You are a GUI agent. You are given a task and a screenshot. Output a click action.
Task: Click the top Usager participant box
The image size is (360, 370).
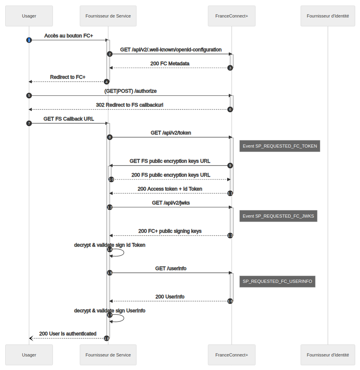(29, 16)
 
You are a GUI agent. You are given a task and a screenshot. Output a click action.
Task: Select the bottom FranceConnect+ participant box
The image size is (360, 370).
(232, 355)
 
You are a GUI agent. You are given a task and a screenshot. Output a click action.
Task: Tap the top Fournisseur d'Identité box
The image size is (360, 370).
(328, 16)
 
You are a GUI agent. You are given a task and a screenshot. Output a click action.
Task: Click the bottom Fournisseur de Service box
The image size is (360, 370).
(108, 355)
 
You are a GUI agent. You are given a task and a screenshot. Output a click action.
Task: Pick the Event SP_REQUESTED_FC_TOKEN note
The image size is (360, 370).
(280, 146)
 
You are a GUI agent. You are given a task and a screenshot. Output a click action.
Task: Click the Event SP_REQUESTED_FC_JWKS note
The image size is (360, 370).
(278, 216)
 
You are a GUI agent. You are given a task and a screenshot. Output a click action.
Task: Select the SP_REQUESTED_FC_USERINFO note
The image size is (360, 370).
(277, 281)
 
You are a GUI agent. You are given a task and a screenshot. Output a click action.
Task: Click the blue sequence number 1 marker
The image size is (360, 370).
(29, 40)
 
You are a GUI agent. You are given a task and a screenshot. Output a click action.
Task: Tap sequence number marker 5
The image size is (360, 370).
(29, 95)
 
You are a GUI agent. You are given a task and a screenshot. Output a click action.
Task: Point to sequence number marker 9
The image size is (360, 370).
(230, 165)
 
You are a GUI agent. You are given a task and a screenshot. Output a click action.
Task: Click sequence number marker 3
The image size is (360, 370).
(230, 68)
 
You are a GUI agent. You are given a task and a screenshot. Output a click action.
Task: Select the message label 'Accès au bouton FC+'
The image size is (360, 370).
(68, 36)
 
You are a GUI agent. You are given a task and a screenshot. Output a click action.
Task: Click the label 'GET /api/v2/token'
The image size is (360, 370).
(171, 133)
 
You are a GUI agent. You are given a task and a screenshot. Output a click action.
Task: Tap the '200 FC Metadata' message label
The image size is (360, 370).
(170, 64)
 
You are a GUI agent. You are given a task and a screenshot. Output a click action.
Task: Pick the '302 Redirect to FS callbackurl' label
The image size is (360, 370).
(130, 105)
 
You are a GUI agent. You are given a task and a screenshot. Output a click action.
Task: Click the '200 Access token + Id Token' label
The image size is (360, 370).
(170, 189)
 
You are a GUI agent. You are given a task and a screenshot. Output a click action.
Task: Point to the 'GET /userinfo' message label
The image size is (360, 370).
(171, 269)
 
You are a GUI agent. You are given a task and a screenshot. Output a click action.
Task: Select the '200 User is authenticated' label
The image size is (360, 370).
(68, 333)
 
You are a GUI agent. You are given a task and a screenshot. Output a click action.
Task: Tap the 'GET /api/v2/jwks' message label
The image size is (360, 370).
(171, 203)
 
